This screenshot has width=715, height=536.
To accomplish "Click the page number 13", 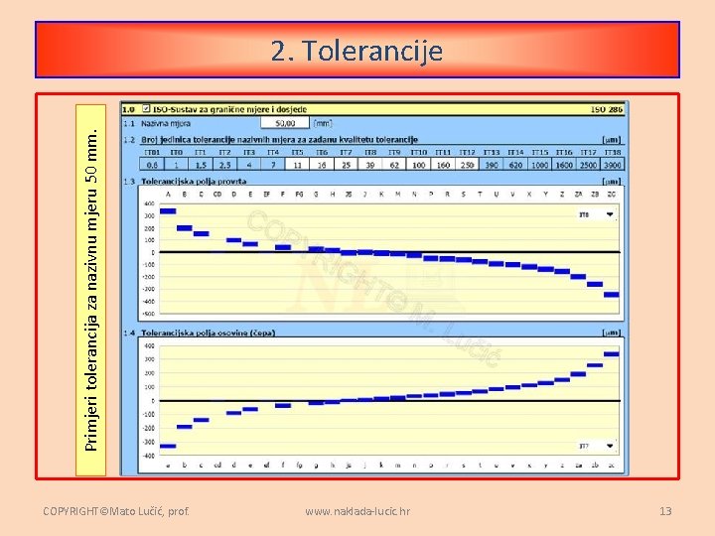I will click(x=665, y=511).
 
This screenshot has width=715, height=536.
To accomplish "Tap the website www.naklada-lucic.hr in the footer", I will click(x=357, y=511).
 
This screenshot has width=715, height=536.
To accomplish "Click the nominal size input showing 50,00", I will click(x=285, y=124).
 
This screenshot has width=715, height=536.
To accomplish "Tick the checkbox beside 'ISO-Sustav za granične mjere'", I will click(x=146, y=109).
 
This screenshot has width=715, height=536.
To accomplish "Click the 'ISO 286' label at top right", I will click(x=606, y=109).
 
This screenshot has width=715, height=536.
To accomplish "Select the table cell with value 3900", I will click(x=613, y=165).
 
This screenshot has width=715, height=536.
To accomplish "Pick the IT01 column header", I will click(x=152, y=153).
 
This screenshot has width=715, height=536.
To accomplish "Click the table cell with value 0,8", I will click(x=152, y=165).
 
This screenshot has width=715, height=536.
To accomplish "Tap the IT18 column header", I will click(x=613, y=153).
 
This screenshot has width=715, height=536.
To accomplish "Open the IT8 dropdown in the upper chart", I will click(x=609, y=214).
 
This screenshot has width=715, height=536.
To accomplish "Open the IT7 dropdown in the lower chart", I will click(x=609, y=446).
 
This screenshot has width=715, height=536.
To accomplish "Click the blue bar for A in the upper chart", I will click(x=168, y=209).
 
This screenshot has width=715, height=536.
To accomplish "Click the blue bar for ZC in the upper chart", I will click(x=611, y=294).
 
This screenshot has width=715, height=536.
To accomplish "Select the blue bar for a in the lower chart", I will click(x=168, y=446).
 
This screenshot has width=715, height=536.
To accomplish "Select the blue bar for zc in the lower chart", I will click(x=611, y=353).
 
